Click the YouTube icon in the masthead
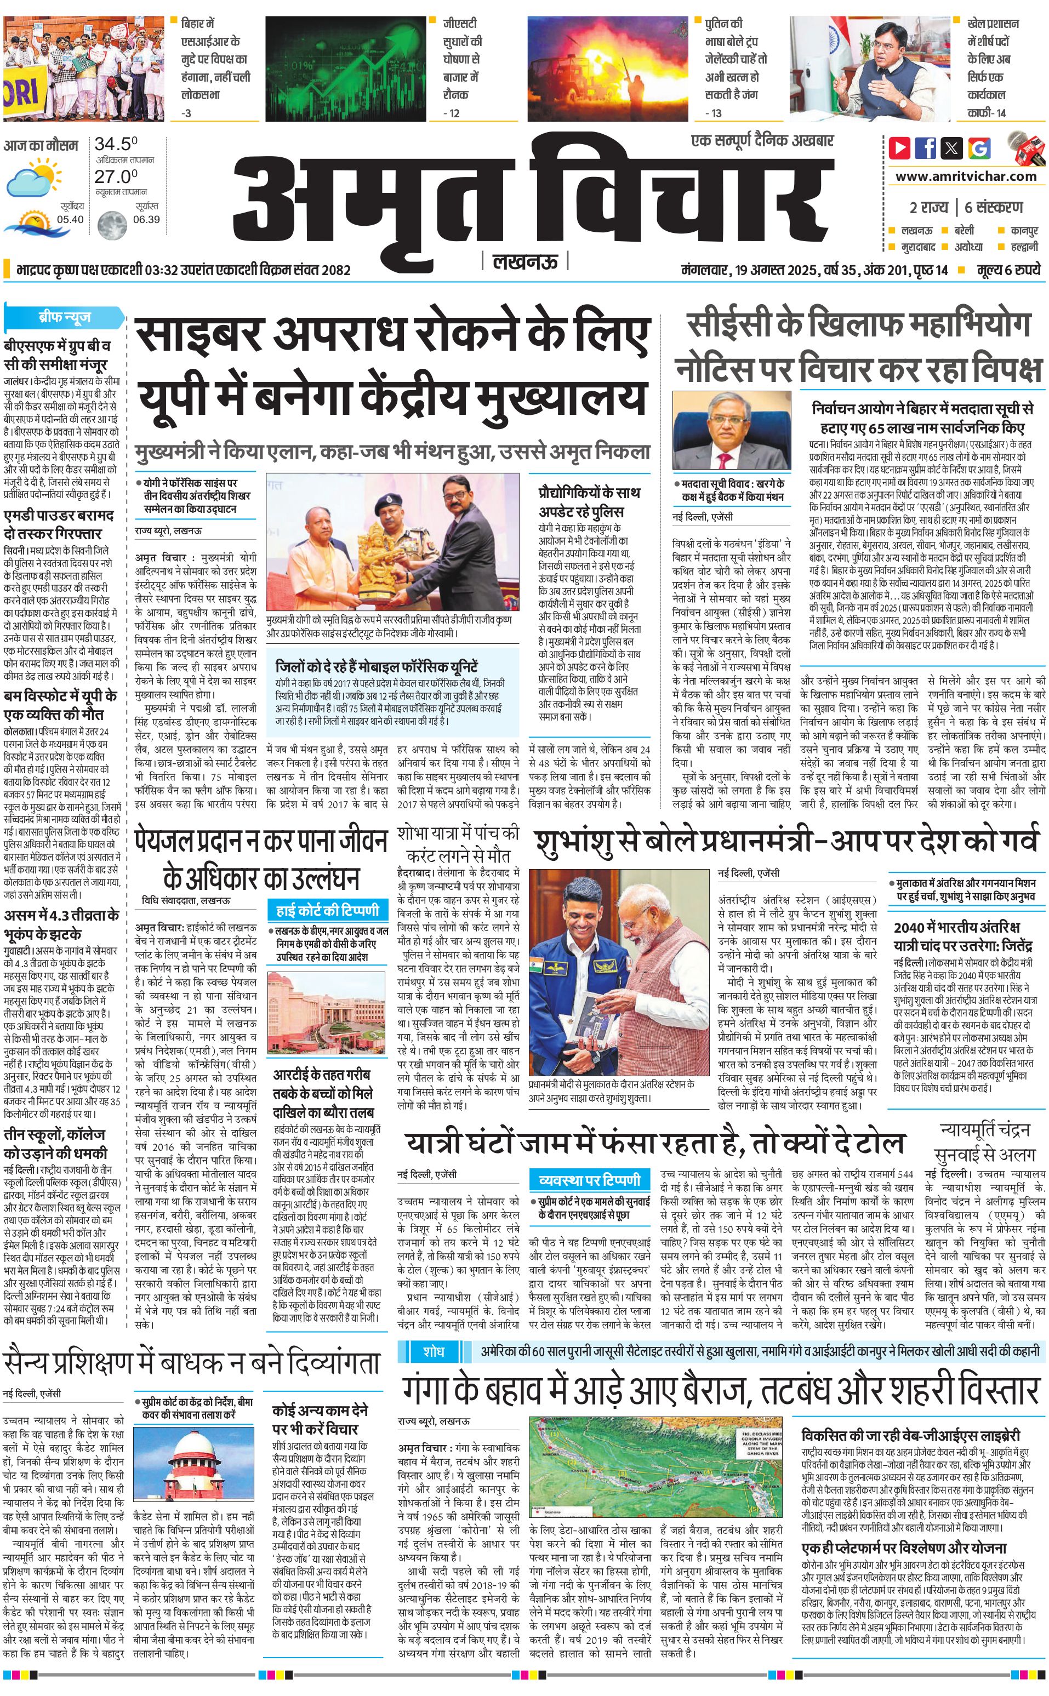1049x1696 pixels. point(899,148)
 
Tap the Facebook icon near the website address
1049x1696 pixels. point(926,148)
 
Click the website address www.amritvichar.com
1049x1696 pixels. point(966,176)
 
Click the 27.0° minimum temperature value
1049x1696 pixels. point(116,176)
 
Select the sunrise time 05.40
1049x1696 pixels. point(70,219)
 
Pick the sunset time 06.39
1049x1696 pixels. point(146,219)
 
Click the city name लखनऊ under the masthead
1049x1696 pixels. point(524,262)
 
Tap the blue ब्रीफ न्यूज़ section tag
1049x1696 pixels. point(65,318)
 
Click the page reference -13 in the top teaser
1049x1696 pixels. point(713,113)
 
